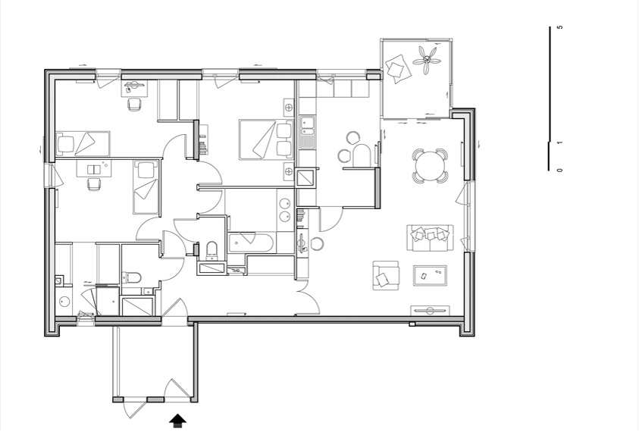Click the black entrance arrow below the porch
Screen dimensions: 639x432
click(x=177, y=421)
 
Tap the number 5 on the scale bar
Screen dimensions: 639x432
click(x=560, y=27)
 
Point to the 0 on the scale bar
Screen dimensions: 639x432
click(x=560, y=170)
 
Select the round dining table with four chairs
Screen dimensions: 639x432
click(x=430, y=166)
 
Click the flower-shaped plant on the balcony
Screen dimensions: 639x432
click(x=427, y=61)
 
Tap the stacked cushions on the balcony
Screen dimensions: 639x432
click(x=398, y=69)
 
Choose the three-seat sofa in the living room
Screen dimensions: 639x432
click(x=430, y=238)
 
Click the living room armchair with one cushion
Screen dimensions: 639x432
click(x=386, y=276)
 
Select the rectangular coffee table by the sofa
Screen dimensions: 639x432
click(x=430, y=276)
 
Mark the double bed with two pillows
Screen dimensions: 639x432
click(x=266, y=139)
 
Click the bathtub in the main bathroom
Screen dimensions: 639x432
click(x=252, y=243)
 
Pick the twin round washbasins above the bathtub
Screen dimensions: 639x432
click(x=284, y=210)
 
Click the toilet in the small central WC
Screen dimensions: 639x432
click(x=212, y=250)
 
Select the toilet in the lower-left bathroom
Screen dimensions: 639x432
click(x=131, y=277)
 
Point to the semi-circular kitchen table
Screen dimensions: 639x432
click(x=362, y=155)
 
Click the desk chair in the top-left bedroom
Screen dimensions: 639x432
click(x=134, y=105)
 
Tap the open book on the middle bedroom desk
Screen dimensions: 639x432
click(x=94, y=169)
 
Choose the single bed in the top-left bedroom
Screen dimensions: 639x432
click(x=83, y=143)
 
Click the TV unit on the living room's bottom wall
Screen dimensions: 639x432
click(x=430, y=311)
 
